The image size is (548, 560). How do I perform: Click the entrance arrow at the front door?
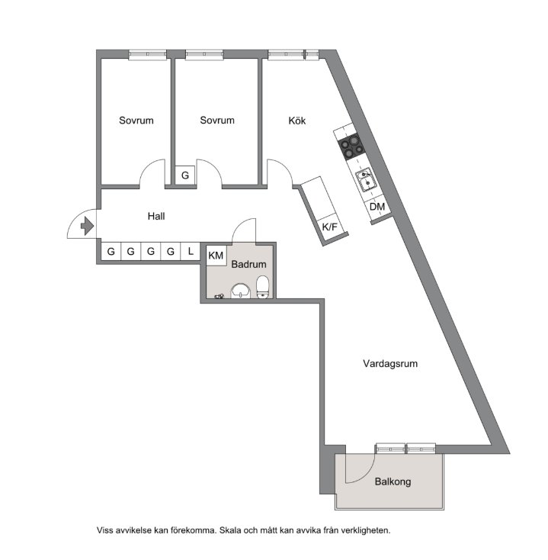[87, 226]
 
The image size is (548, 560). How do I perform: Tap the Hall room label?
[156, 216]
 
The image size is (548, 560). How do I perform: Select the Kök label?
[296, 121]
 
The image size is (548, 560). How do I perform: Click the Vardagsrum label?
[390, 364]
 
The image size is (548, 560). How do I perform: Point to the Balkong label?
[393, 481]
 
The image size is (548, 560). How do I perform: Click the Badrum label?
[248, 264]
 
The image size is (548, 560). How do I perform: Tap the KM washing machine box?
[216, 255]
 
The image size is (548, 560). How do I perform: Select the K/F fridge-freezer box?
[331, 227]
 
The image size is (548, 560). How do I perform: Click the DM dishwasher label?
[377, 207]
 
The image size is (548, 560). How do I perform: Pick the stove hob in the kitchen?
[352, 146]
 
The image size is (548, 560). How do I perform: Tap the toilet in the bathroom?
[263, 286]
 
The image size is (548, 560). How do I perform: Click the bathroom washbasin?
[240, 291]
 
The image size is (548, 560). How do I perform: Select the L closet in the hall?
[191, 252]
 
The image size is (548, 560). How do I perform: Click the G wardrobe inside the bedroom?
[184, 175]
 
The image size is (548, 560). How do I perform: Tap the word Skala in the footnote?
[230, 530]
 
